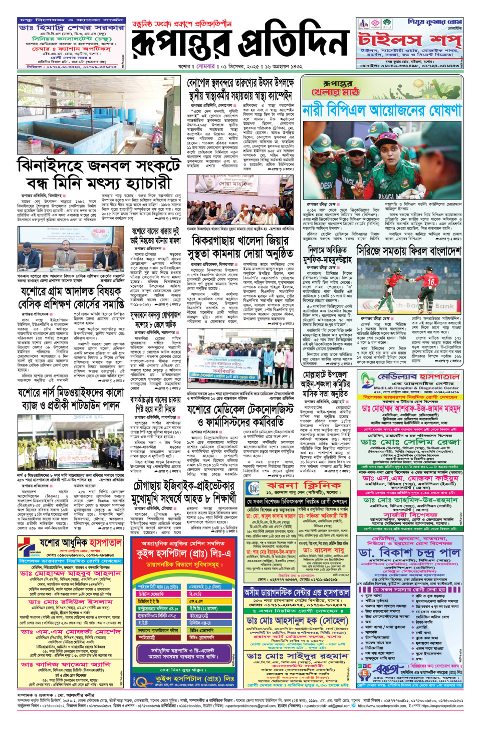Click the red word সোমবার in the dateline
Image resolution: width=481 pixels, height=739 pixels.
point(205,66)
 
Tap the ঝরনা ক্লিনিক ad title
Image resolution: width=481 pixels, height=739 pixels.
point(304,486)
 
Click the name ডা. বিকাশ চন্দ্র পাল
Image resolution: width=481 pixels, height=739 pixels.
point(409,552)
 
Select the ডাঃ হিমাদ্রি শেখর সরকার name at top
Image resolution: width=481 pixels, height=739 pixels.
point(71,28)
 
